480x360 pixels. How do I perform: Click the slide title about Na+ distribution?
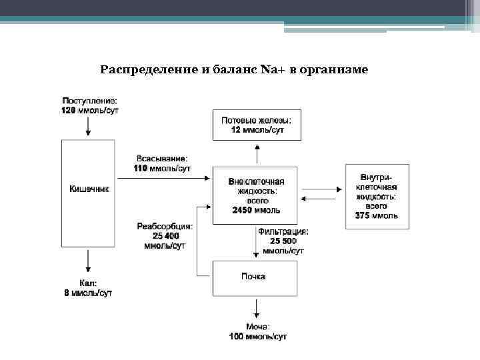point(233,69)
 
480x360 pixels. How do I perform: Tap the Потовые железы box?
point(257,125)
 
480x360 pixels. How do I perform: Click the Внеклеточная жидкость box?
point(257,195)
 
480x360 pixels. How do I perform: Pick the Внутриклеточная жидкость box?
point(377,196)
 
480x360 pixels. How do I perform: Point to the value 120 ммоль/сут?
point(90,110)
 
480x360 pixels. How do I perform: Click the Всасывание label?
point(162,159)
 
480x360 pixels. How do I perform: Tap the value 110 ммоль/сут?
point(162,169)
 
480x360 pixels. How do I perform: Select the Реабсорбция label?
point(165,226)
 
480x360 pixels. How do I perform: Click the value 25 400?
point(165,236)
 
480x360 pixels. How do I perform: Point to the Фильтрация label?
point(283,231)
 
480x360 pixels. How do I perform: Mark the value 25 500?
point(283,241)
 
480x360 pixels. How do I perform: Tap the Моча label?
point(257,327)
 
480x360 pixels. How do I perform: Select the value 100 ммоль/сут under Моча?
point(257,337)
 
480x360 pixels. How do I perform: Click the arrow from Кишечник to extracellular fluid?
point(163,178)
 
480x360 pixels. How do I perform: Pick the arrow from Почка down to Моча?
point(257,309)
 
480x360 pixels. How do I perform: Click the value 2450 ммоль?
point(256,211)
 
